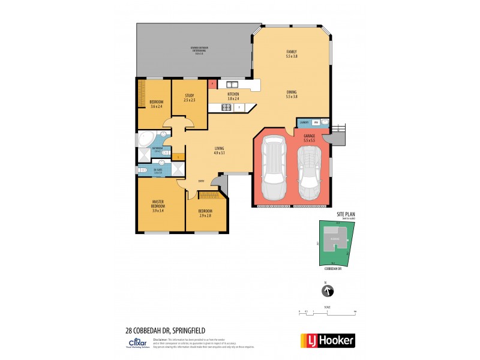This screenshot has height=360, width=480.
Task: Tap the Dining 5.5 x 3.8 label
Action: [x=292, y=94]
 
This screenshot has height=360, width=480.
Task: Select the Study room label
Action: [x=189, y=97]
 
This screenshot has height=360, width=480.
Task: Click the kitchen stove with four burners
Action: [x=227, y=108]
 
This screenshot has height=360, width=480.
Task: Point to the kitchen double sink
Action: [x=232, y=85]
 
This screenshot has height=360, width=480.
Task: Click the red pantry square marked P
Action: [x=212, y=85]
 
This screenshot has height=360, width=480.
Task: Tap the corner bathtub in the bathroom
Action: [x=146, y=139]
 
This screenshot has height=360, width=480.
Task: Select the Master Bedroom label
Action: [x=158, y=205]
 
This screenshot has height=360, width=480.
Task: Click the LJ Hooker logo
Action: [x=328, y=340]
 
